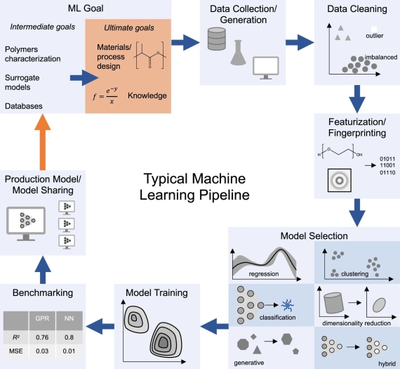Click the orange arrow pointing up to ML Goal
[43, 142]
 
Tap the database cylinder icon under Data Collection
[217, 39]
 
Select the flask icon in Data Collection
[238, 53]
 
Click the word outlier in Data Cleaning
[375, 36]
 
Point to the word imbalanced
[381, 57]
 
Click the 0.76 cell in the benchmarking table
[42, 337]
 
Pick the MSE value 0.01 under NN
[69, 351]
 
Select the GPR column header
[42, 318]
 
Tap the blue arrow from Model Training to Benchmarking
[100, 326]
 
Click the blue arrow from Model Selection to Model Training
[215, 326]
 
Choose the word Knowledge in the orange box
[147, 96]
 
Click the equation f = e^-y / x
[105, 96]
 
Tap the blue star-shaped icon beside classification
[288, 305]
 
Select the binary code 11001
[387, 165]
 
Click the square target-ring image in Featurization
[339, 181]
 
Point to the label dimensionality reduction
[356, 323]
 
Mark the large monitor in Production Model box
[26, 224]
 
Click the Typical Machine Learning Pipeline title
[194, 186]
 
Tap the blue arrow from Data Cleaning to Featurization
[357, 99]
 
